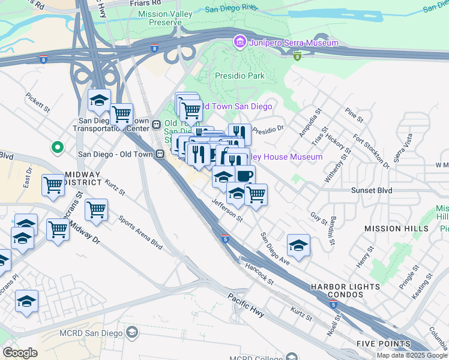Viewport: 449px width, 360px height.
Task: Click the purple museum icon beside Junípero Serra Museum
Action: tap(240, 43)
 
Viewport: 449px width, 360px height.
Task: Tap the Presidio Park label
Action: tap(240, 76)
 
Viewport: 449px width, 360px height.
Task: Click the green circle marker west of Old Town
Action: tap(58, 146)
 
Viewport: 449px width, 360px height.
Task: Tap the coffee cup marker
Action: tap(244, 175)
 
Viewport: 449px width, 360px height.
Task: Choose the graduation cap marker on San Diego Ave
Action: tap(298, 245)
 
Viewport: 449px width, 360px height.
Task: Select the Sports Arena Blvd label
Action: tap(140, 233)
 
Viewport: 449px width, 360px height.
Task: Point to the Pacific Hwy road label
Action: tap(246, 304)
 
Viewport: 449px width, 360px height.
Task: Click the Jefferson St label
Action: tap(226, 211)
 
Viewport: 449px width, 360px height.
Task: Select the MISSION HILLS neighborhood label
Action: tap(396, 229)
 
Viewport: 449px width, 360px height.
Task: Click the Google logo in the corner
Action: tap(20, 353)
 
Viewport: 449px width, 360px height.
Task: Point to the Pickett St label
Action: tap(38, 102)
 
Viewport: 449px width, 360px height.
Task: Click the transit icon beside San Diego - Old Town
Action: tap(160, 154)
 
